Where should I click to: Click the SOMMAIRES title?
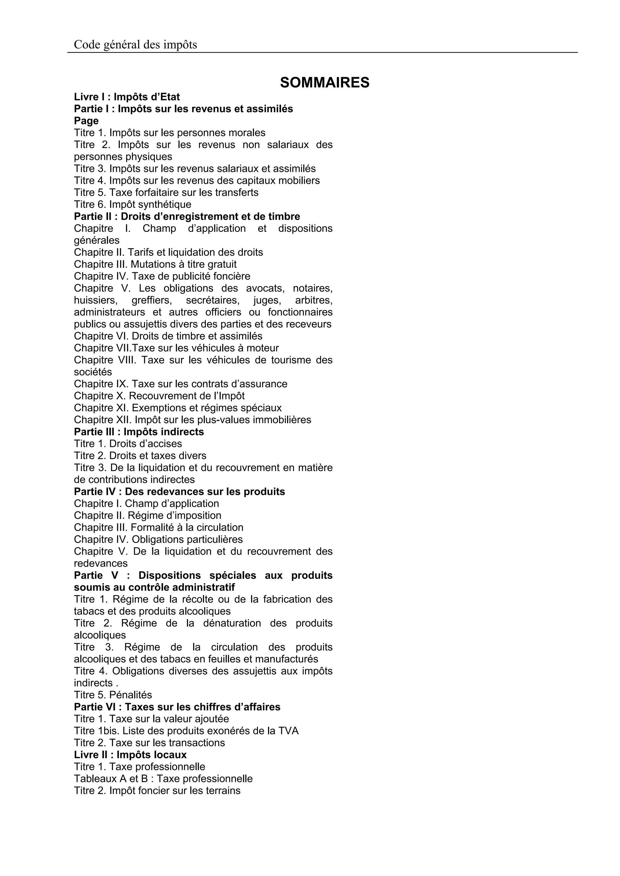tap(325, 83)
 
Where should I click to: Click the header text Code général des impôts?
tap(135, 45)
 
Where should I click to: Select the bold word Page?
tap(86, 121)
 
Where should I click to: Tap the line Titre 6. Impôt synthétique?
tap(133, 205)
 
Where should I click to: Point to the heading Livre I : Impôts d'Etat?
tap(127, 97)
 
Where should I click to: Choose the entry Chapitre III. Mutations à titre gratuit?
tap(155, 264)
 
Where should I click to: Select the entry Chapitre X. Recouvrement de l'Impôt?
tap(159, 396)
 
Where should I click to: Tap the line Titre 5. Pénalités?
tap(113, 695)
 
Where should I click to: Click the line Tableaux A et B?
tap(163, 779)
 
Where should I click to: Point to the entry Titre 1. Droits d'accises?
tap(128, 444)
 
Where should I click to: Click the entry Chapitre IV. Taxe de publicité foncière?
tap(162, 276)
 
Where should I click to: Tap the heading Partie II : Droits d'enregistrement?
tap(187, 217)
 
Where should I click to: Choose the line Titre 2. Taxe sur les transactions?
tap(149, 743)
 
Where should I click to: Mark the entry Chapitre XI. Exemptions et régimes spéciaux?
tap(178, 408)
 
